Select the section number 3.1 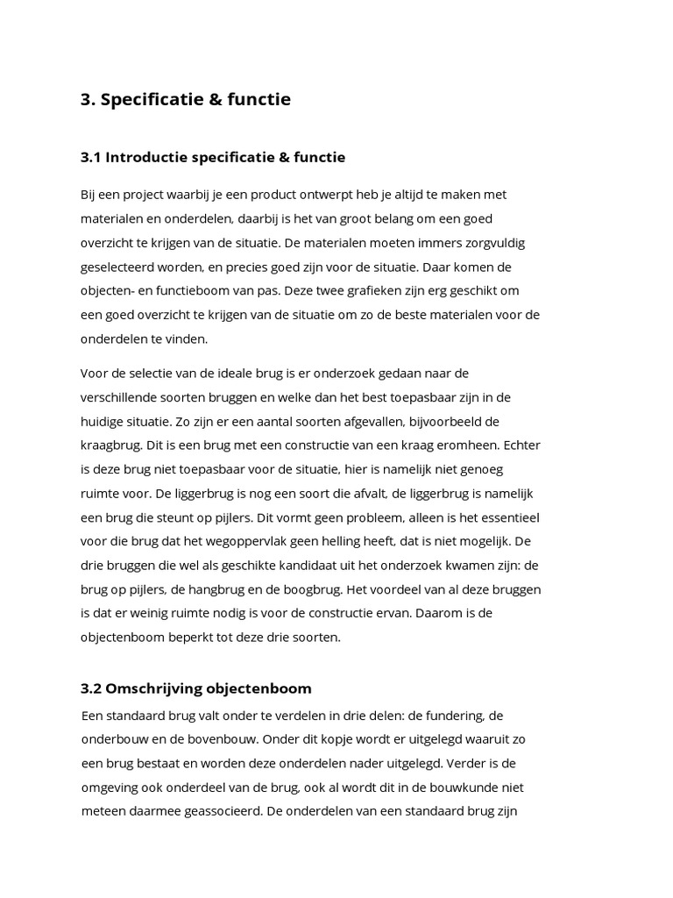coord(92,158)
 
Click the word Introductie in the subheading coord(149,158)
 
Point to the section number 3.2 coord(92,688)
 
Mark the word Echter coord(521,445)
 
